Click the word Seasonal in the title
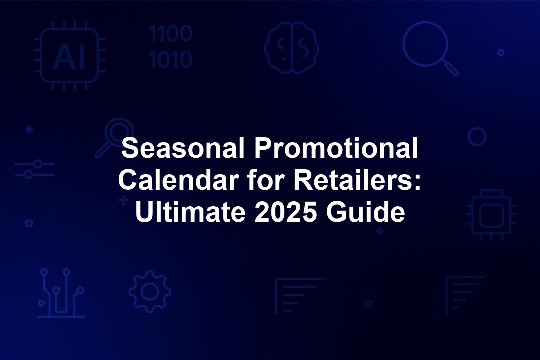[183, 148]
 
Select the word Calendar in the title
[179, 180]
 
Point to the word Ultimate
[190, 211]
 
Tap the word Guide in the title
[365, 211]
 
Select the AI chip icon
[70, 55]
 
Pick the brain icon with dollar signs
[292, 48]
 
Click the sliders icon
[35, 169]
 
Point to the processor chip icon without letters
[491, 215]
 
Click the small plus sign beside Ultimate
[124, 201]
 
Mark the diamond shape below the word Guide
[380, 231]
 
